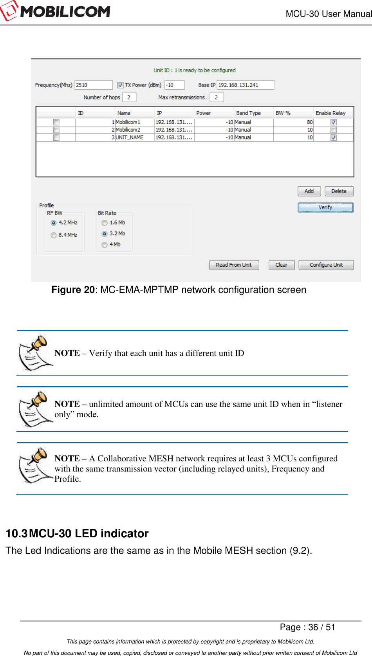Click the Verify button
[325, 207]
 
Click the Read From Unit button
[234, 265]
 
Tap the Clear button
[281, 265]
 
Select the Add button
[309, 191]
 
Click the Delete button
[339, 191]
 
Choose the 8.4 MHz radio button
[54, 235]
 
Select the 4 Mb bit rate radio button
[105, 244]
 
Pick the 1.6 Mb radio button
[105, 222]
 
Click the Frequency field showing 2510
[93, 85]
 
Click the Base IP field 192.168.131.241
[245, 85]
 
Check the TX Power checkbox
[121, 85]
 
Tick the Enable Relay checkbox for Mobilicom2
[333, 130]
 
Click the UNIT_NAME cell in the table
[130, 137]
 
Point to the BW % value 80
[309, 122]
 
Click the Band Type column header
[248, 113]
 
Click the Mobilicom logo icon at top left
[9, 11]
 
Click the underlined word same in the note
[95, 469]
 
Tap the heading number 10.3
[16, 533]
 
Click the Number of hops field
[129, 97]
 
